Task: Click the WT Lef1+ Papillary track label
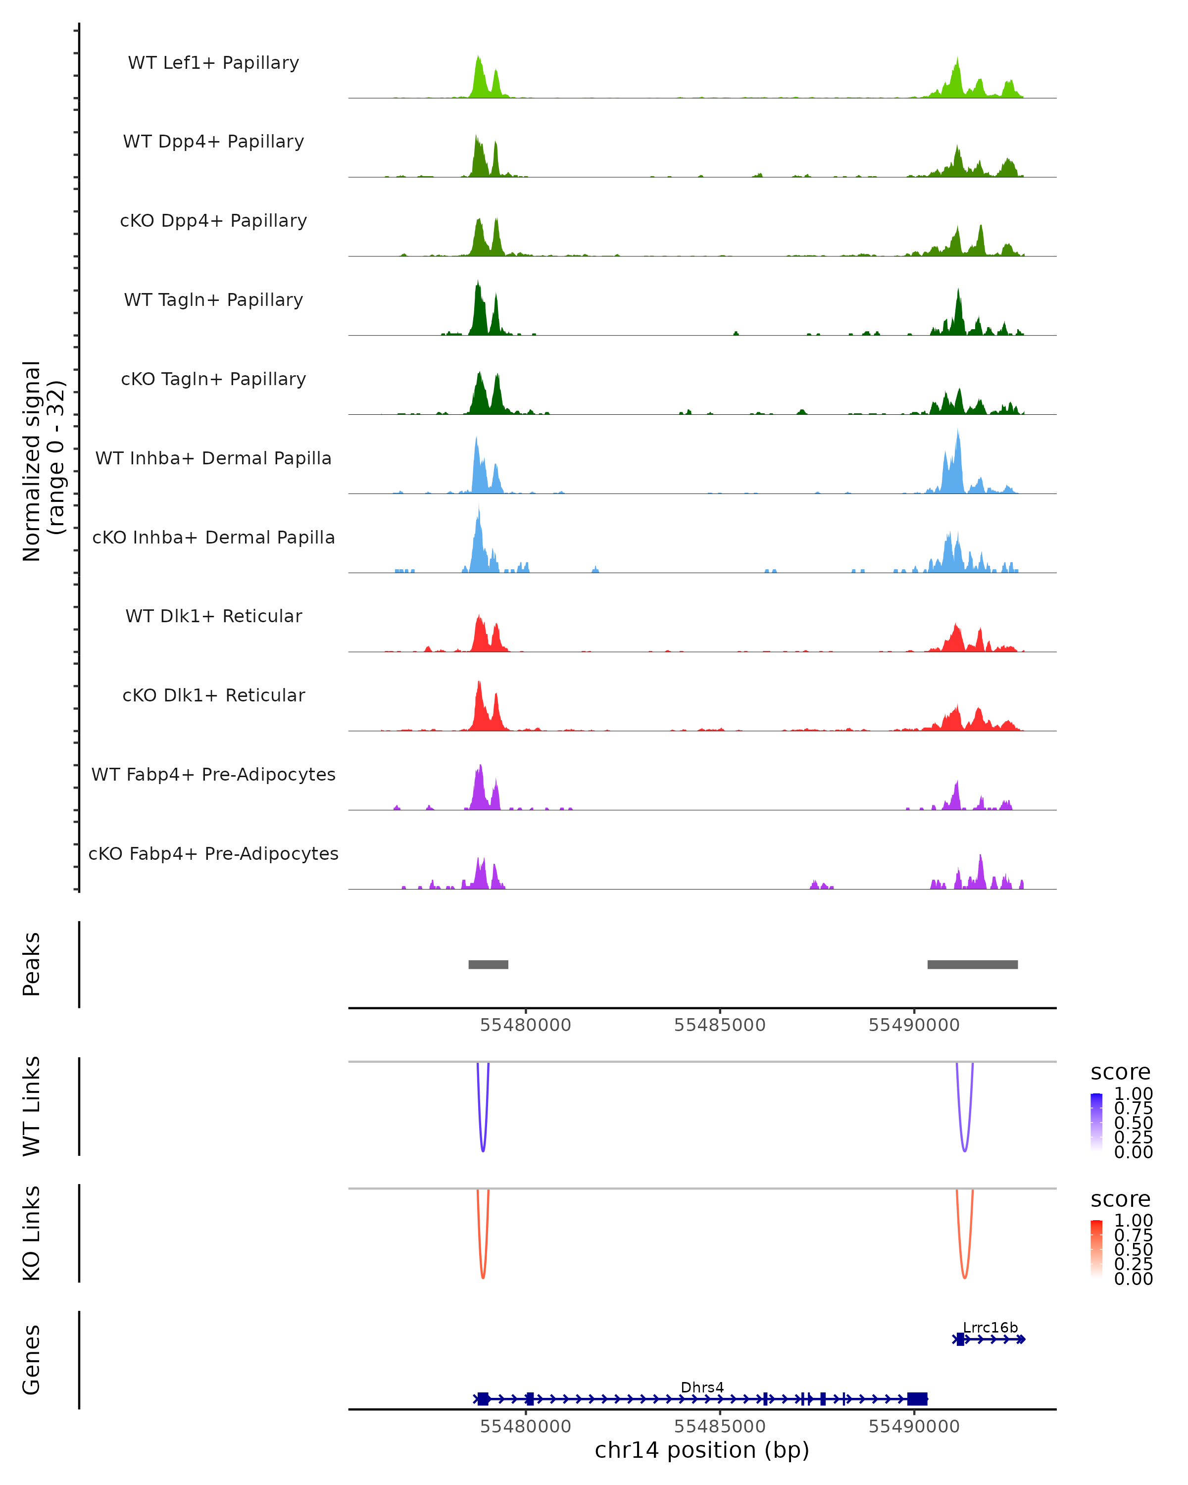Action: click(213, 63)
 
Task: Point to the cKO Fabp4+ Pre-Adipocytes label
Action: click(213, 853)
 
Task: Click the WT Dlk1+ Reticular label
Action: click(213, 616)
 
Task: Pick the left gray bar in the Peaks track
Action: click(488, 964)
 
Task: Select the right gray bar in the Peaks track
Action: click(973, 964)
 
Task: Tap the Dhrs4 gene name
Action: click(702, 1387)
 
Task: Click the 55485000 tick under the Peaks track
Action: click(720, 1025)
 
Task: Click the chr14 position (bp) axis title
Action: click(702, 1450)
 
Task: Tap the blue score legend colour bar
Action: click(1096, 1121)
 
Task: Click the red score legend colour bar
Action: click(1096, 1248)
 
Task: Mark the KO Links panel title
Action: click(32, 1233)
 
